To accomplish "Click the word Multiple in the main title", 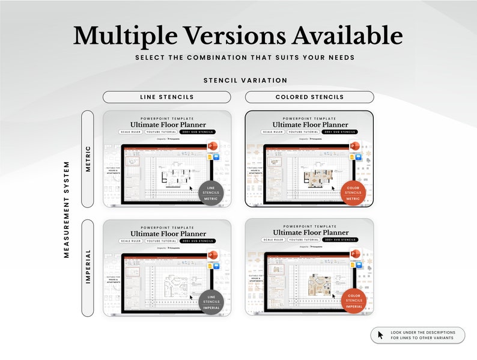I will click(121, 36).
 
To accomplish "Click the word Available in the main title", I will click(348, 36).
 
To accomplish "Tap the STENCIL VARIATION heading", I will click(245, 81).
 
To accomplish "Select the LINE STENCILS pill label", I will click(166, 97).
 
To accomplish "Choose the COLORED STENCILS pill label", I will click(309, 97).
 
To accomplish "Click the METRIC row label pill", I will click(88, 159).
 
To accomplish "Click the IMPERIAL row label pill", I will click(88, 268).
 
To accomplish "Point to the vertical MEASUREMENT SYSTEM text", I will click(67, 209).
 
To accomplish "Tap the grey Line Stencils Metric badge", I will click(210, 193).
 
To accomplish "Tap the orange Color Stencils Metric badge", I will click(353, 193).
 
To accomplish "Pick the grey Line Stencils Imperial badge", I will click(210, 301).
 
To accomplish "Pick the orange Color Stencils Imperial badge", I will click(353, 301).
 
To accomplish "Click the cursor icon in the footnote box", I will click(380, 335).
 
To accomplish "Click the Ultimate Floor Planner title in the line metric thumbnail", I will click(168, 125).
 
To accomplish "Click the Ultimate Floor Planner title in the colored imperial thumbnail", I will click(309, 233).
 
